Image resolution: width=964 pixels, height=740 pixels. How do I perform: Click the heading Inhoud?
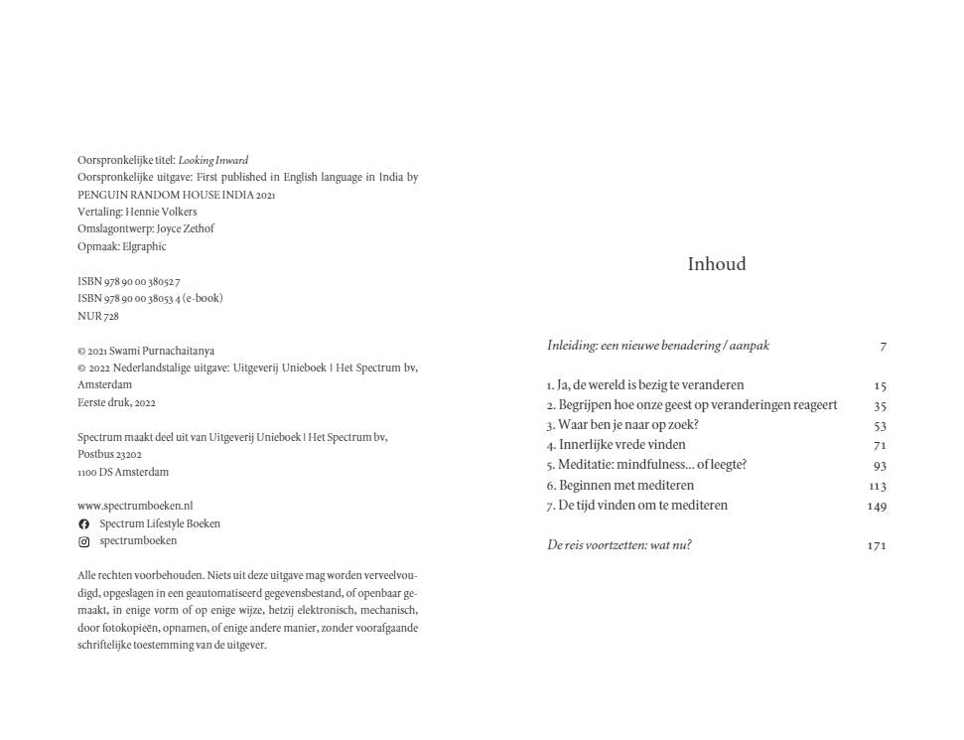716,264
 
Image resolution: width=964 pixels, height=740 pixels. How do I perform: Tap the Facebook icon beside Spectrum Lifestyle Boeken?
84,524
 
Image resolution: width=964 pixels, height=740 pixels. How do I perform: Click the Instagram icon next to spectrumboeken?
84,542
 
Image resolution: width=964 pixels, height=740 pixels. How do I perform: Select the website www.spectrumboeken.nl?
135,507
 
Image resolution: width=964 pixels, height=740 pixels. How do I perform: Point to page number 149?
876,507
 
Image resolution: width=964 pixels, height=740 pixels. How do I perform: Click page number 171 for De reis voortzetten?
876,546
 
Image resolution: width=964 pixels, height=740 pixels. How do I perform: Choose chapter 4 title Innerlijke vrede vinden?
621,446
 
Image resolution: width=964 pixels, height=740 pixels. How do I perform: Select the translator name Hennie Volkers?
161,212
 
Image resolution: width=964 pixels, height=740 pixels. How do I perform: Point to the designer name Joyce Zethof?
185,228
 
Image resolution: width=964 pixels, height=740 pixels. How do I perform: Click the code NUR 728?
98,317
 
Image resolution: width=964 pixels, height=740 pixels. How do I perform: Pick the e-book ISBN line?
150,298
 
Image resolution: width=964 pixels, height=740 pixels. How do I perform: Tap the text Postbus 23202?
109,454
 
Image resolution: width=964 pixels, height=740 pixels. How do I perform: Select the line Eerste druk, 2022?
116,402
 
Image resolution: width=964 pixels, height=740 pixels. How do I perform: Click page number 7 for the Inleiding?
883,347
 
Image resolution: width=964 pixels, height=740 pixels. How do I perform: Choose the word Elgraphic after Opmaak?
144,246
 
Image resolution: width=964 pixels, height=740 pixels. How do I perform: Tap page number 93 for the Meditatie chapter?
880,466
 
